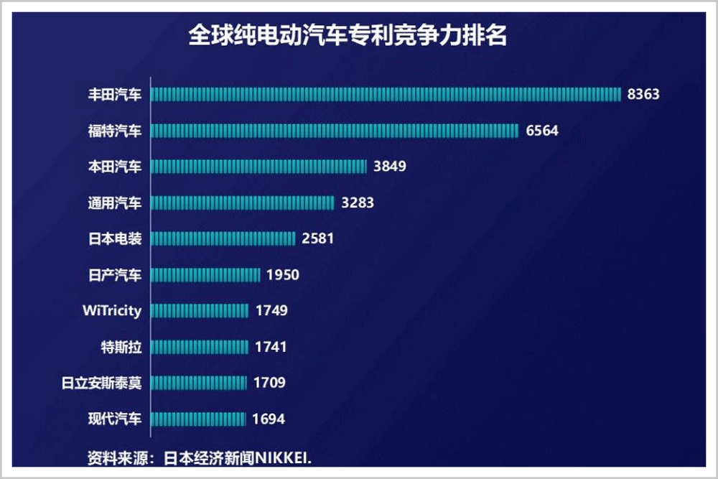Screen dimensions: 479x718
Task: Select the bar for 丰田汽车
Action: click(x=386, y=94)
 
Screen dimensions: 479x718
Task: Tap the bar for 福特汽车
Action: click(x=335, y=130)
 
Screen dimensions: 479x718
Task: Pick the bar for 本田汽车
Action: click(x=259, y=167)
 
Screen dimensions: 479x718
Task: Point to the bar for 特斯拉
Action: click(x=200, y=347)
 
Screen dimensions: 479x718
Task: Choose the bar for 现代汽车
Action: click(x=199, y=419)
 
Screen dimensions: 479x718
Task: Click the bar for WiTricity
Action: click(x=200, y=311)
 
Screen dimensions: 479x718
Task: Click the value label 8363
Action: click(x=643, y=94)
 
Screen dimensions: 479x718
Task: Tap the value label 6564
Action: click(x=541, y=131)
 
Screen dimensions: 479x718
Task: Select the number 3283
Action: click(x=358, y=203)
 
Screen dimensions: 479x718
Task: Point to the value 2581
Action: click(x=318, y=238)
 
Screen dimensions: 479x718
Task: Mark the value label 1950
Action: click(x=282, y=275)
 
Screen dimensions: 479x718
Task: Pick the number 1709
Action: click(x=269, y=383)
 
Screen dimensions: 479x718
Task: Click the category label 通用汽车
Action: click(x=115, y=203)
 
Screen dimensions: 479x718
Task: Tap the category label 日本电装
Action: click(x=115, y=238)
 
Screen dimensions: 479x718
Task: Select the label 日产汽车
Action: click(x=115, y=275)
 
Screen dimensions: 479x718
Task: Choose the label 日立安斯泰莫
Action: click(x=102, y=383)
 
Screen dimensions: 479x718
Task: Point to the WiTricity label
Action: click(x=112, y=311)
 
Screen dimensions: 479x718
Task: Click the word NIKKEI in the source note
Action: click(x=284, y=457)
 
